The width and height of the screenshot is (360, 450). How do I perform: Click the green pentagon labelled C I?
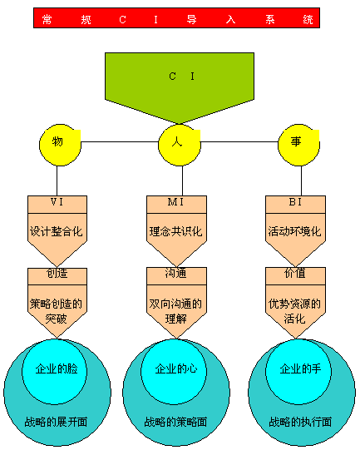tap(180, 83)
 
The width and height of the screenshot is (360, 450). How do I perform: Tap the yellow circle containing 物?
tap(60, 145)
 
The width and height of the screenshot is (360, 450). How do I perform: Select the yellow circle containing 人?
tap(180, 145)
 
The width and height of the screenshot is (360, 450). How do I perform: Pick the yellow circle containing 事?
tap(299, 145)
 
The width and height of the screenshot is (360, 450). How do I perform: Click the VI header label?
tap(57, 202)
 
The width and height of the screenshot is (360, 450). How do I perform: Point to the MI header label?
tap(175, 202)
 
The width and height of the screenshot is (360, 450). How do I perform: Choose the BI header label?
tap(295, 202)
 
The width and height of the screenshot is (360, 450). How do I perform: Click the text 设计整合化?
tap(57, 231)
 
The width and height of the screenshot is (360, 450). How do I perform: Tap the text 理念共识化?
tap(175, 231)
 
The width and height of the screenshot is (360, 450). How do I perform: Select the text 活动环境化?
tap(294, 231)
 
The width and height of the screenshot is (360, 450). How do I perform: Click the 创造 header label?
tap(57, 273)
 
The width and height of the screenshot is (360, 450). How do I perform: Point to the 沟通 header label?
tap(175, 273)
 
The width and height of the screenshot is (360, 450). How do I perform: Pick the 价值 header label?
tap(295, 273)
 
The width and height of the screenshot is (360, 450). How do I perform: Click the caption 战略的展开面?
tap(56, 422)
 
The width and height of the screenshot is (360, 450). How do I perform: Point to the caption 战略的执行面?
tap(300, 422)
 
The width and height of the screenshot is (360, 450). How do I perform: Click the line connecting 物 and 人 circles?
tap(120, 141)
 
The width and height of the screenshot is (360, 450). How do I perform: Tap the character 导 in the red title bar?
tap(191, 19)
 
